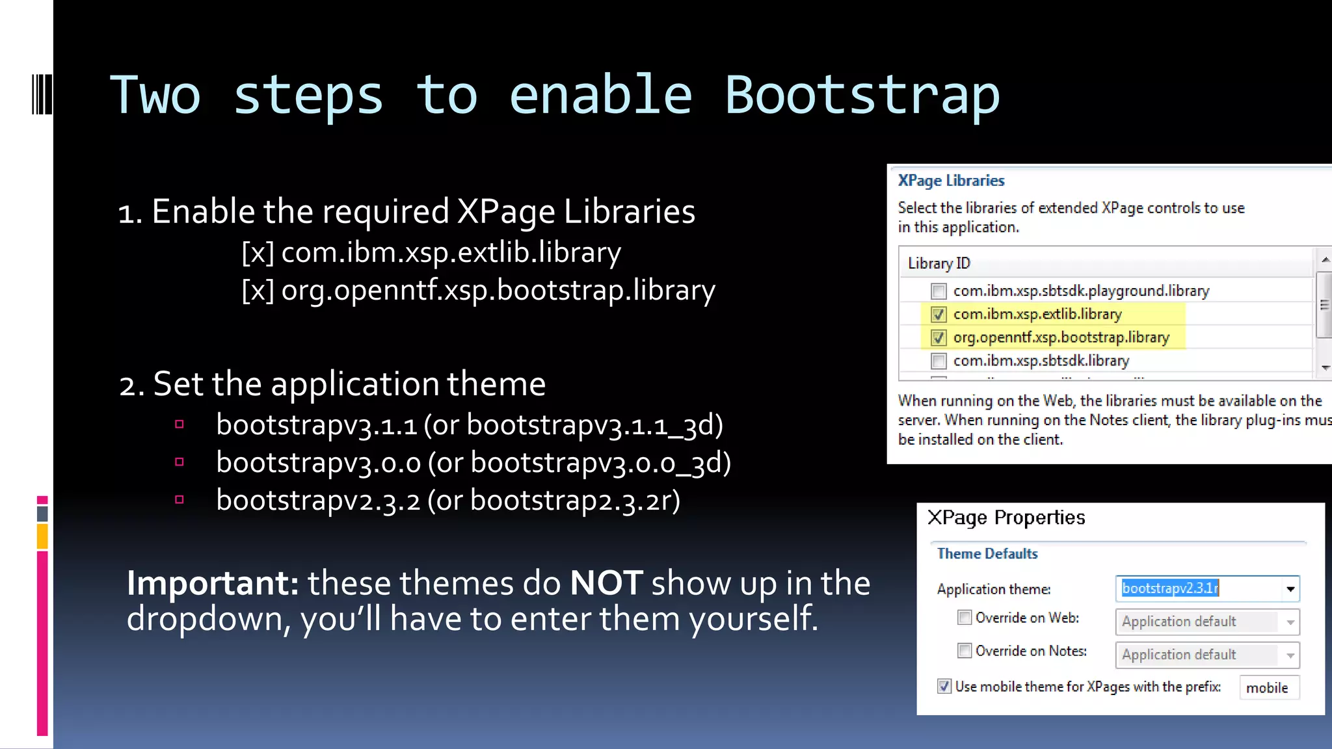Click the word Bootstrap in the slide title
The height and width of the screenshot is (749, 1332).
[x=862, y=96]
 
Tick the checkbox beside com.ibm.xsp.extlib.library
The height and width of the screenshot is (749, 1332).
[x=938, y=315]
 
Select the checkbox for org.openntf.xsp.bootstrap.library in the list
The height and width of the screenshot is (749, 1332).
[x=938, y=338]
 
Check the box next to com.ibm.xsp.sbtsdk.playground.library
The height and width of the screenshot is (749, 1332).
[x=938, y=291]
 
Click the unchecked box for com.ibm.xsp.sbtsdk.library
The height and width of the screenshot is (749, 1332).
[x=938, y=361]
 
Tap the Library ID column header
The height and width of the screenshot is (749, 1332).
[x=939, y=263]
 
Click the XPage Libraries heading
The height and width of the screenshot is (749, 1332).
[x=951, y=181]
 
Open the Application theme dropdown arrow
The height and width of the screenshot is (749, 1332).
[x=1290, y=589]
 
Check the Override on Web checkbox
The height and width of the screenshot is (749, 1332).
[x=965, y=617]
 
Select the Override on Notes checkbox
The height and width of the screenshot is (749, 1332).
[x=965, y=650]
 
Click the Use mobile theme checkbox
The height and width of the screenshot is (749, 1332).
[x=944, y=686]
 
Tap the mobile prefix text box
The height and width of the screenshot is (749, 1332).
[x=1268, y=688]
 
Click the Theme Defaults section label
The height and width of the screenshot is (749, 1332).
[x=987, y=554]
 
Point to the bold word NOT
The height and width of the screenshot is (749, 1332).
[x=606, y=583]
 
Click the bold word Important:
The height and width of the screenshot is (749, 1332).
[x=212, y=583]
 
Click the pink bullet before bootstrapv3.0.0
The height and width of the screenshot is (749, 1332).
[x=180, y=462]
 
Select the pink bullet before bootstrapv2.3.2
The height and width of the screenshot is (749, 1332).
[x=180, y=500]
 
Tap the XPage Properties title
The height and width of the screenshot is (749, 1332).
[x=1006, y=518]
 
